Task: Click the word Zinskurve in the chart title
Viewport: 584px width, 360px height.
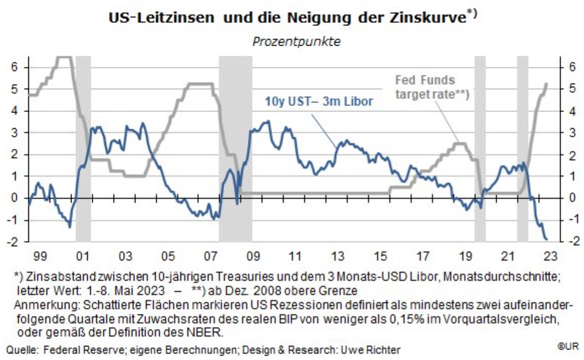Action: coord(429,18)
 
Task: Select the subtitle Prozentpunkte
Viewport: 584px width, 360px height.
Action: coord(296,42)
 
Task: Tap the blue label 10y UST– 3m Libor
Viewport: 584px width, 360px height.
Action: coord(319,101)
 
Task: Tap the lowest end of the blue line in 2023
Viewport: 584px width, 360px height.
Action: coord(546,239)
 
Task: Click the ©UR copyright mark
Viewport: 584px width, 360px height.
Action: coord(568,347)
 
